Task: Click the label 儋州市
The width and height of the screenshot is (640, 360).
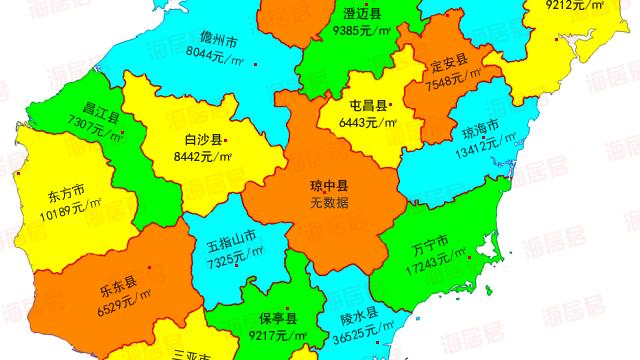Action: click(218, 41)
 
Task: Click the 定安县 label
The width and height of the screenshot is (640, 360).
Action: click(449, 63)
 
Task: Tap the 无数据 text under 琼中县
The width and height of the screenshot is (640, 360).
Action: click(328, 202)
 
